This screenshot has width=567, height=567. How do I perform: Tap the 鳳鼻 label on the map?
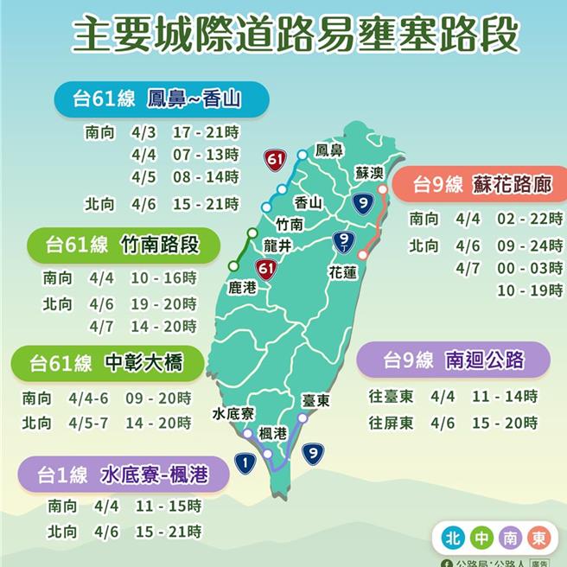click(330, 150)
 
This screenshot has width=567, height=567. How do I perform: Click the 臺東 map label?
click(316, 401)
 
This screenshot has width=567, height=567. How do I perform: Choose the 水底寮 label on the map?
click(232, 414)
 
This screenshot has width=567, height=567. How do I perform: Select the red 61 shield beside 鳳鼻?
click(276, 159)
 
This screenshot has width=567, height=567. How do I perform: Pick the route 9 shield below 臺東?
click(313, 450)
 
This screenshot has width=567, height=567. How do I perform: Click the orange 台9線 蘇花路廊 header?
click(476, 184)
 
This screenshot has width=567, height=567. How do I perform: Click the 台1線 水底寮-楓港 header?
click(127, 475)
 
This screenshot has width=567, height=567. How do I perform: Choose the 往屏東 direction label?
click(391, 423)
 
